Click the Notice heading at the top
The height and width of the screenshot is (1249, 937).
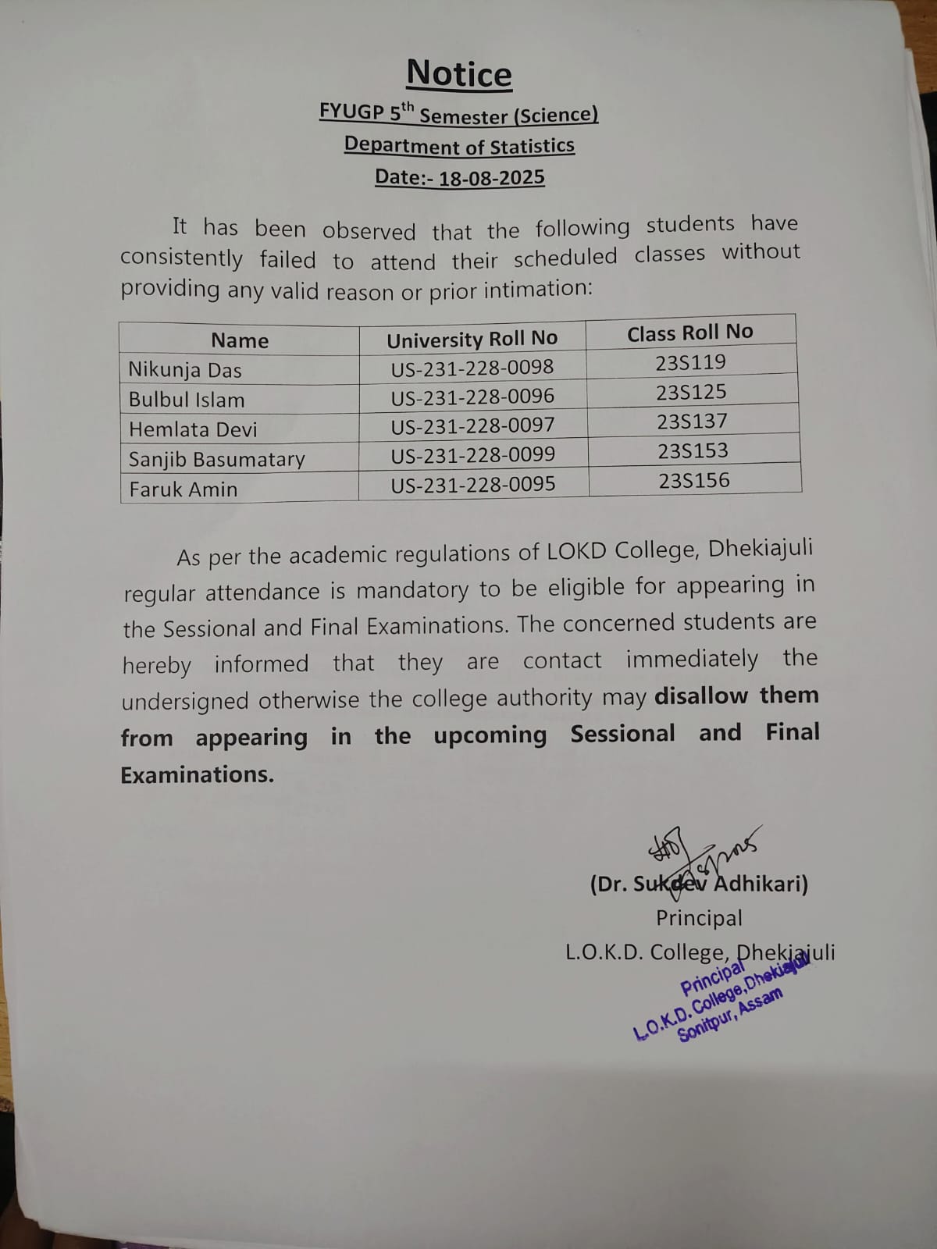coord(459,74)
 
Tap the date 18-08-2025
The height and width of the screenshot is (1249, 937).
coord(491,178)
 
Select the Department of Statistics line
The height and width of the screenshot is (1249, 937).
coord(459,146)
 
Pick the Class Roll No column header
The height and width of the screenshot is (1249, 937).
coord(689,333)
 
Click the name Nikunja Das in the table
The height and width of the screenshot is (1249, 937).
coord(185,370)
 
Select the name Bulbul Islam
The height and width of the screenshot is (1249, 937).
coord(187,400)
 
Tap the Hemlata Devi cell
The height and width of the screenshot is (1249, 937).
coord(193,429)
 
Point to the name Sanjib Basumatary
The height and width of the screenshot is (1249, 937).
coord(216,459)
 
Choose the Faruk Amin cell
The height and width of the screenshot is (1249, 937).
coord(183,489)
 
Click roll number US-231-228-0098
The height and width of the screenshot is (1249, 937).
coord(472,367)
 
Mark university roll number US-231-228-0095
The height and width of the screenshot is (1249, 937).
coord(473,484)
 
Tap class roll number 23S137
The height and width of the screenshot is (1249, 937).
coord(692,422)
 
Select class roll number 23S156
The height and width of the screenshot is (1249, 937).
coord(694,480)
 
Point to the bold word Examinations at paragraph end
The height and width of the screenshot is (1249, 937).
coord(197,774)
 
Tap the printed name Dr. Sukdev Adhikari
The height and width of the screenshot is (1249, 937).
coord(699,884)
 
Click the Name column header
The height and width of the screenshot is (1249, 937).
coord(240,340)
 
